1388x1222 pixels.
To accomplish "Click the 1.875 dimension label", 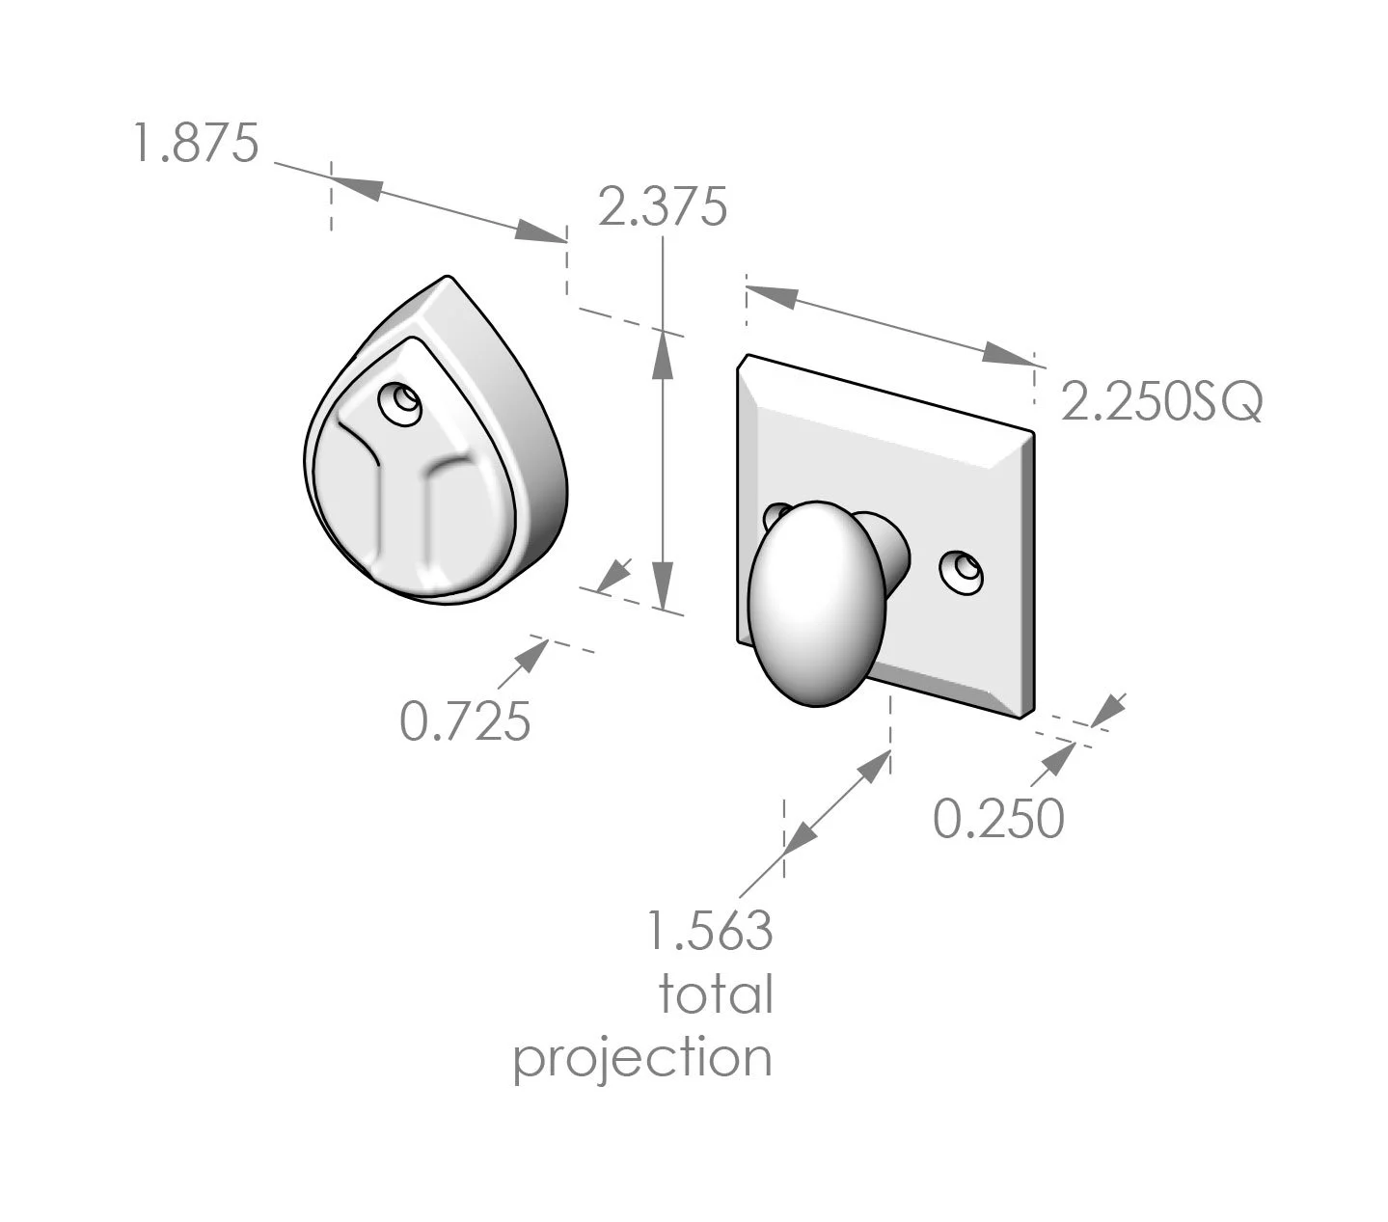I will [x=196, y=144].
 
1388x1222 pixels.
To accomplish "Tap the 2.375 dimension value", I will [x=662, y=207].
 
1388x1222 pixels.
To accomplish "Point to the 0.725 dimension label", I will [x=465, y=720].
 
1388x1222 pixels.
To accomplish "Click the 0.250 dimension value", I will [x=998, y=819].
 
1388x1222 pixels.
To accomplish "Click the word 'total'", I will [x=716, y=994].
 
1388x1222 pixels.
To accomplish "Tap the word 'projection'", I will [x=642, y=1058].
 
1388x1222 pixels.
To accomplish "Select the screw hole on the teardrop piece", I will [x=400, y=402].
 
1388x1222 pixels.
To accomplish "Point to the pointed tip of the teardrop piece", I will [x=446, y=279].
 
